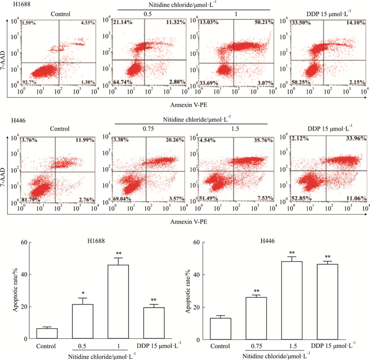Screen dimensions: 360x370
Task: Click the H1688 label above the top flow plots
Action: coord(15,5)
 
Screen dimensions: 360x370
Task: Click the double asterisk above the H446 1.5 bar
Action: coord(291,253)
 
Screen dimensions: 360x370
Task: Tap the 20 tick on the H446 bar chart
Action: coord(196,307)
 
